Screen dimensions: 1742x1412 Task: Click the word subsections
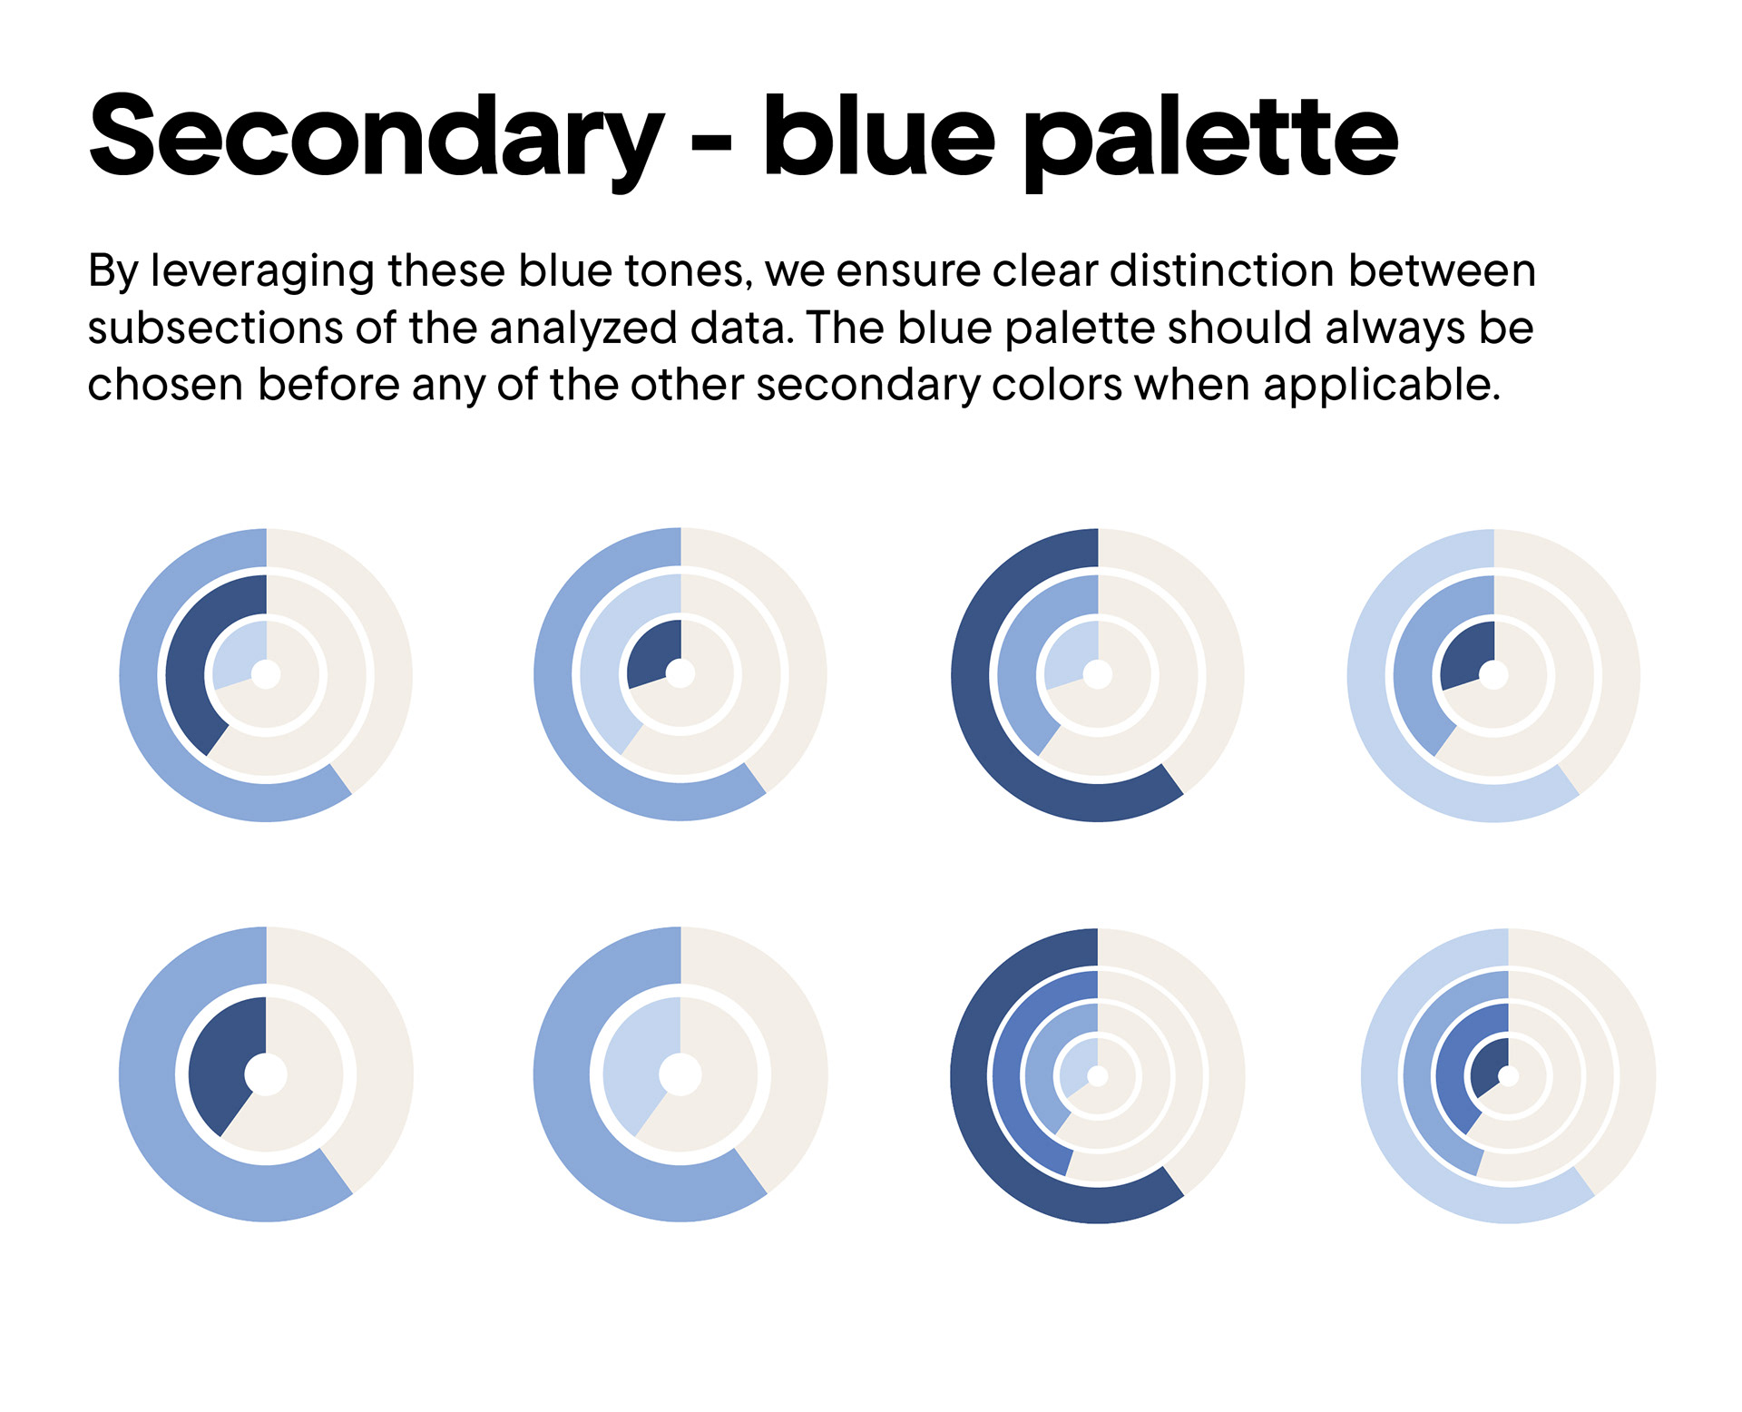[215, 328]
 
